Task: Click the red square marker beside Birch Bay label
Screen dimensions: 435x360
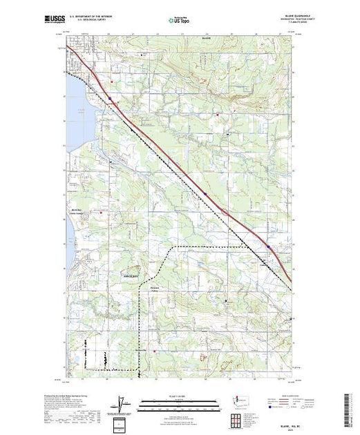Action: click(x=103, y=212)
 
